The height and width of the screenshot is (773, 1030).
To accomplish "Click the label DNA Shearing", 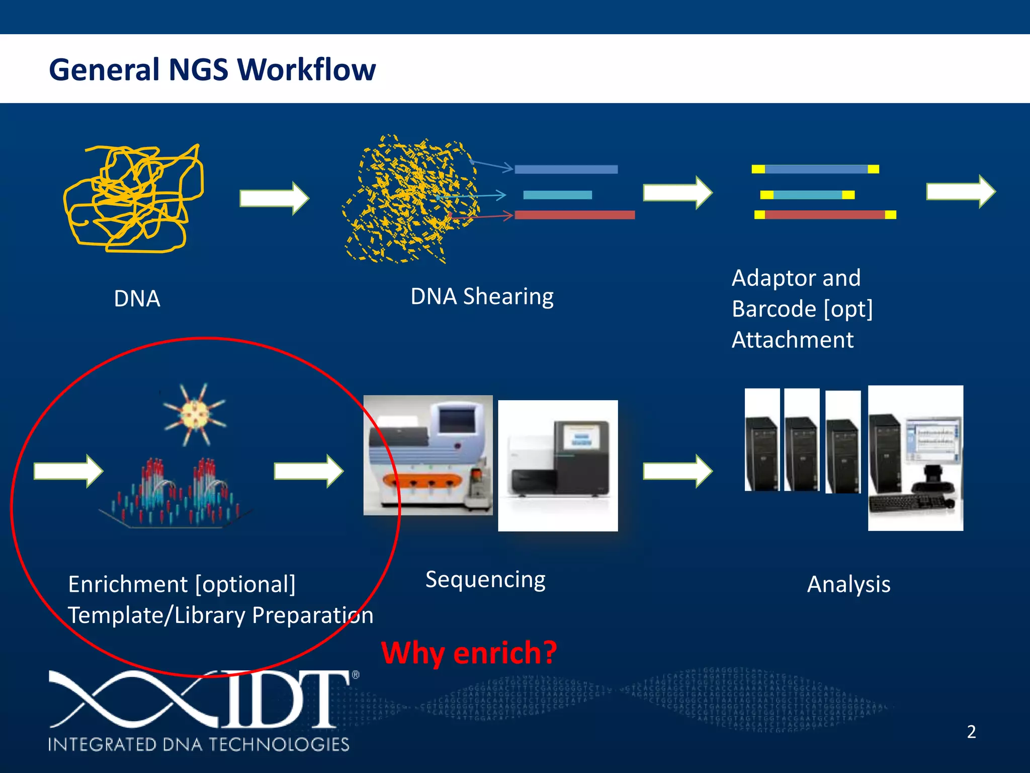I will [481, 296].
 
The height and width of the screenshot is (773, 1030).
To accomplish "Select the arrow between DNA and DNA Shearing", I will [274, 198].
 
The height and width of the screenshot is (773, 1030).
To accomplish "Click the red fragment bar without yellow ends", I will [574, 215].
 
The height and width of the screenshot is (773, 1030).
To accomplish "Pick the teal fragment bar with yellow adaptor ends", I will [807, 195].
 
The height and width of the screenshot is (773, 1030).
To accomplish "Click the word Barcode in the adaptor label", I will [774, 309].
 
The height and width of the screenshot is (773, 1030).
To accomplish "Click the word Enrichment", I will [128, 585].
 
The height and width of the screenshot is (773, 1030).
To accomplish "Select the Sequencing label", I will [485, 580].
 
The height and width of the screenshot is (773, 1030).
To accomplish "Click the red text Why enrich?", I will [469, 653].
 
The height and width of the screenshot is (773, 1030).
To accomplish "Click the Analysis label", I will [848, 585].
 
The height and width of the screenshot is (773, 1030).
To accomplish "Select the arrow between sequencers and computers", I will [677, 471].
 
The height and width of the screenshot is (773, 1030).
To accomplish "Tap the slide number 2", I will [971, 732].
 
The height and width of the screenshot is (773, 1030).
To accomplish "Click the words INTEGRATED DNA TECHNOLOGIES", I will [199, 744].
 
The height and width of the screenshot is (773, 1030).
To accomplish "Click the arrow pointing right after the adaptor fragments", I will [960, 191].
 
